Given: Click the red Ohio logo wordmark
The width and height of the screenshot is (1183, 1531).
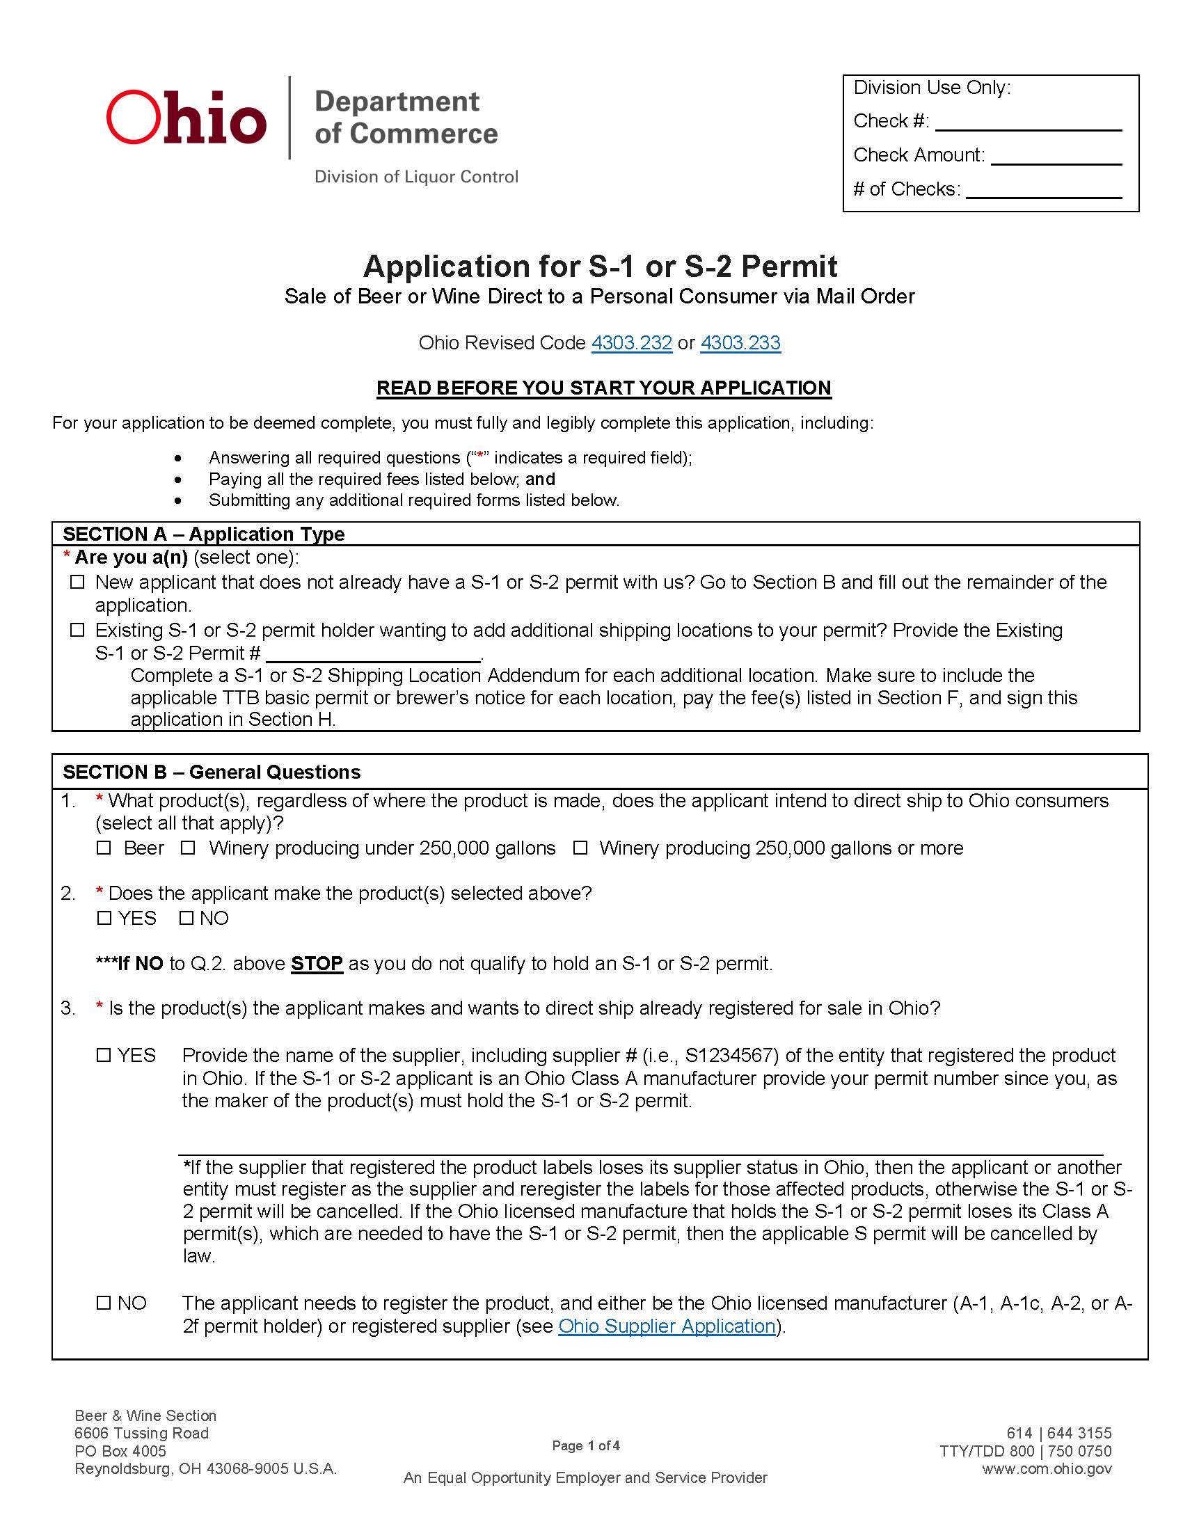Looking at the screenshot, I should click(186, 118).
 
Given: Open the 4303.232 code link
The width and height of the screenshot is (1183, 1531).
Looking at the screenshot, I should click(631, 343).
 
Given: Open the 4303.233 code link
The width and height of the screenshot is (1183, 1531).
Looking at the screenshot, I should click(740, 343).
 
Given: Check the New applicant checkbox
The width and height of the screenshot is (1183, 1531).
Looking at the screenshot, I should click(78, 582).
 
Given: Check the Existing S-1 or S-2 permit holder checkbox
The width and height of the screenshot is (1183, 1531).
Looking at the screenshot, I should click(78, 630).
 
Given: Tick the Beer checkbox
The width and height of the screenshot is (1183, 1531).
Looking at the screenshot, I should click(104, 848).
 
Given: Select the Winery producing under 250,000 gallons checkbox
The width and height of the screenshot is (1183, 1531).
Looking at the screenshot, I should click(188, 848).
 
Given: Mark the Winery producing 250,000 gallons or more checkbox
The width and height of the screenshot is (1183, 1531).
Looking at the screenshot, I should click(580, 848).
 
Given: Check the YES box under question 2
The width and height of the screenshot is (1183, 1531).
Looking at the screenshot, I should click(104, 919).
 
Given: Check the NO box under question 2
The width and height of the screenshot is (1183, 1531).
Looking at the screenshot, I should click(186, 919).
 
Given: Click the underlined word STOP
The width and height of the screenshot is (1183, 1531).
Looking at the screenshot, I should click(317, 964).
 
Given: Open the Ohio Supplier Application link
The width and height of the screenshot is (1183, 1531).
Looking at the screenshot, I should click(667, 1326).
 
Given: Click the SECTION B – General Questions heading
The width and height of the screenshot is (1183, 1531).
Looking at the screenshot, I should click(212, 772).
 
